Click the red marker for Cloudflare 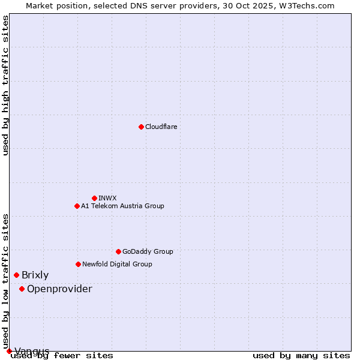141,127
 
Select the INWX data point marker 94,198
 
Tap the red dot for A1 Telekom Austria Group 77,206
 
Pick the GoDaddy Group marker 118,251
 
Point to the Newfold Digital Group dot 78,264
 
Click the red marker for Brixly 16,275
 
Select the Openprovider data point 22,289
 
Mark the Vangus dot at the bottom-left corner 9,351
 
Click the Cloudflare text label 161,127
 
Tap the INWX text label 107,198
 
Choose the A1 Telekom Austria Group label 122,206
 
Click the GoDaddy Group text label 148,251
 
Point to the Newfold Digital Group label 117,264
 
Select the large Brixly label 35,275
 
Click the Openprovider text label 59,289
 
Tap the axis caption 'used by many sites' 301,355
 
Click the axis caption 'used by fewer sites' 62,355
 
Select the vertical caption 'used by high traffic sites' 6,85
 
